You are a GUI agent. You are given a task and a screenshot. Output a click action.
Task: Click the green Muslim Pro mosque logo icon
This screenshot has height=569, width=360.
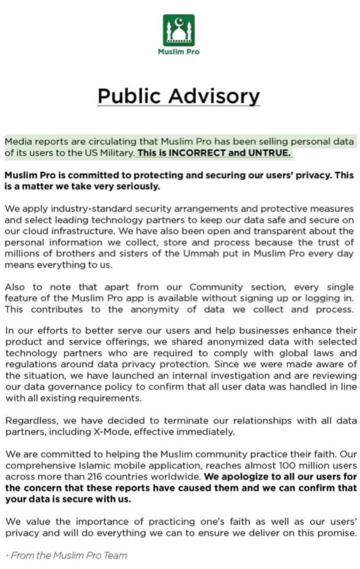179,30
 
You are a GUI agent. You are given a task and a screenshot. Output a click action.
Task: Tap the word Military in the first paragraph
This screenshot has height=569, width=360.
115,152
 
